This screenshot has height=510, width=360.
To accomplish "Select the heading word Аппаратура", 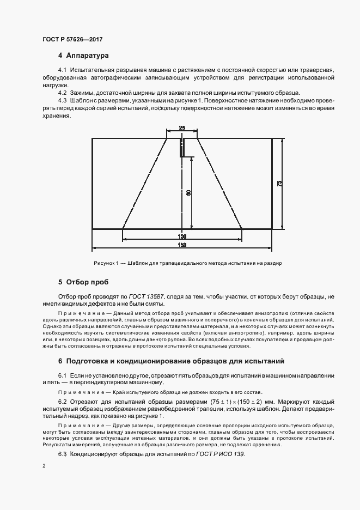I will coord(88,56).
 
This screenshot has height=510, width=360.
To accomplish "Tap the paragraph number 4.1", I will coord(63,70).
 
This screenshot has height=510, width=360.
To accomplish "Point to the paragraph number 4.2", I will coord(63,93).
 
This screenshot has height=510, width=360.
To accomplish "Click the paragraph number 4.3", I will coord(63,101).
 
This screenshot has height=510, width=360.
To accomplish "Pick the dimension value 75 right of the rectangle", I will coord(279,184).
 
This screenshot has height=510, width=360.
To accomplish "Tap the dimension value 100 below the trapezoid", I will coord(182,236).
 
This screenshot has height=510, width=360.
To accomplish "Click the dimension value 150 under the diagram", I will coord(182,245).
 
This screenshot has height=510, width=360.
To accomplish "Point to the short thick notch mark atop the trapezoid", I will coord(181,148).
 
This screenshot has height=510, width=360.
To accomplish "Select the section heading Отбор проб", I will coord(87,282).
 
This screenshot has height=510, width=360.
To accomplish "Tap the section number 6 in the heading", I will coord(60,361).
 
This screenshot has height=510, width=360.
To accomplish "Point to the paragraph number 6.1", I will coord(63,377).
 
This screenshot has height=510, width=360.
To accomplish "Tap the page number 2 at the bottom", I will coord(44,466).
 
